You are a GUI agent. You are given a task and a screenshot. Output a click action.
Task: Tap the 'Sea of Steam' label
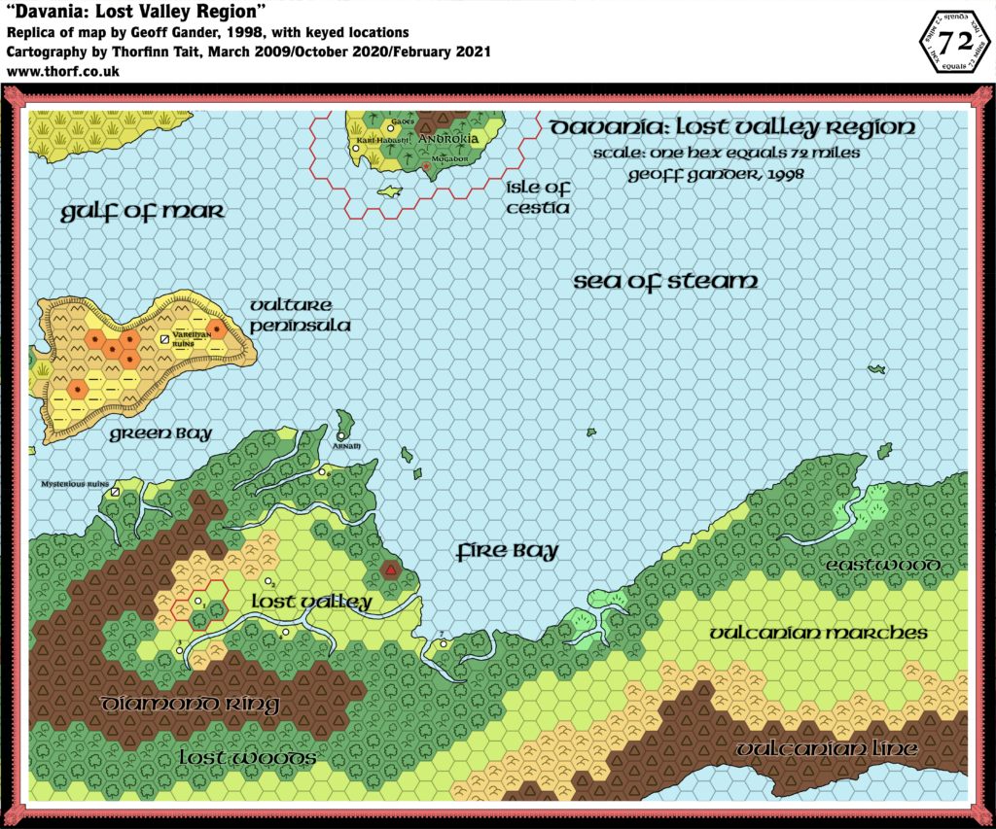tap(664, 282)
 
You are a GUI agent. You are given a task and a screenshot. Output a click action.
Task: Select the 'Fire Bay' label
tap(508, 552)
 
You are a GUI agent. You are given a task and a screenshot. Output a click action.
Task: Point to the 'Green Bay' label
tap(161, 433)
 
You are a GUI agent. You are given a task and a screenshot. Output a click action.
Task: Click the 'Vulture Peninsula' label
tap(300, 316)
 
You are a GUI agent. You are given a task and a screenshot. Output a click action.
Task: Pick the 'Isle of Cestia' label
tap(537, 197)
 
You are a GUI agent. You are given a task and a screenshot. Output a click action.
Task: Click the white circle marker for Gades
tap(392, 127)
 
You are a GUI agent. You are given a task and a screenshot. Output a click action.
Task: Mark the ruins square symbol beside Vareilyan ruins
tap(164, 339)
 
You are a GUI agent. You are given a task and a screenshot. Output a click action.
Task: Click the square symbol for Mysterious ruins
tap(115, 493)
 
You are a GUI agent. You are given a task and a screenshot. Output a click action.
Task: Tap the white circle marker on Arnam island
tap(342, 437)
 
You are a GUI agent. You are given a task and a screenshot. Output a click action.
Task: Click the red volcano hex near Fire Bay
tap(390, 570)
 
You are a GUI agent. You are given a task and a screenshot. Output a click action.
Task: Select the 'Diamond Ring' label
tap(192, 705)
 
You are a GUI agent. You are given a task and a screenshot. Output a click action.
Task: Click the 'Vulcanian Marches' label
tap(818, 633)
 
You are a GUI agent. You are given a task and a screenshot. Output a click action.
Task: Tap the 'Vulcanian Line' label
tap(826, 749)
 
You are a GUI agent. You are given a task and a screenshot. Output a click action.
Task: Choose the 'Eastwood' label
tap(882, 566)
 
